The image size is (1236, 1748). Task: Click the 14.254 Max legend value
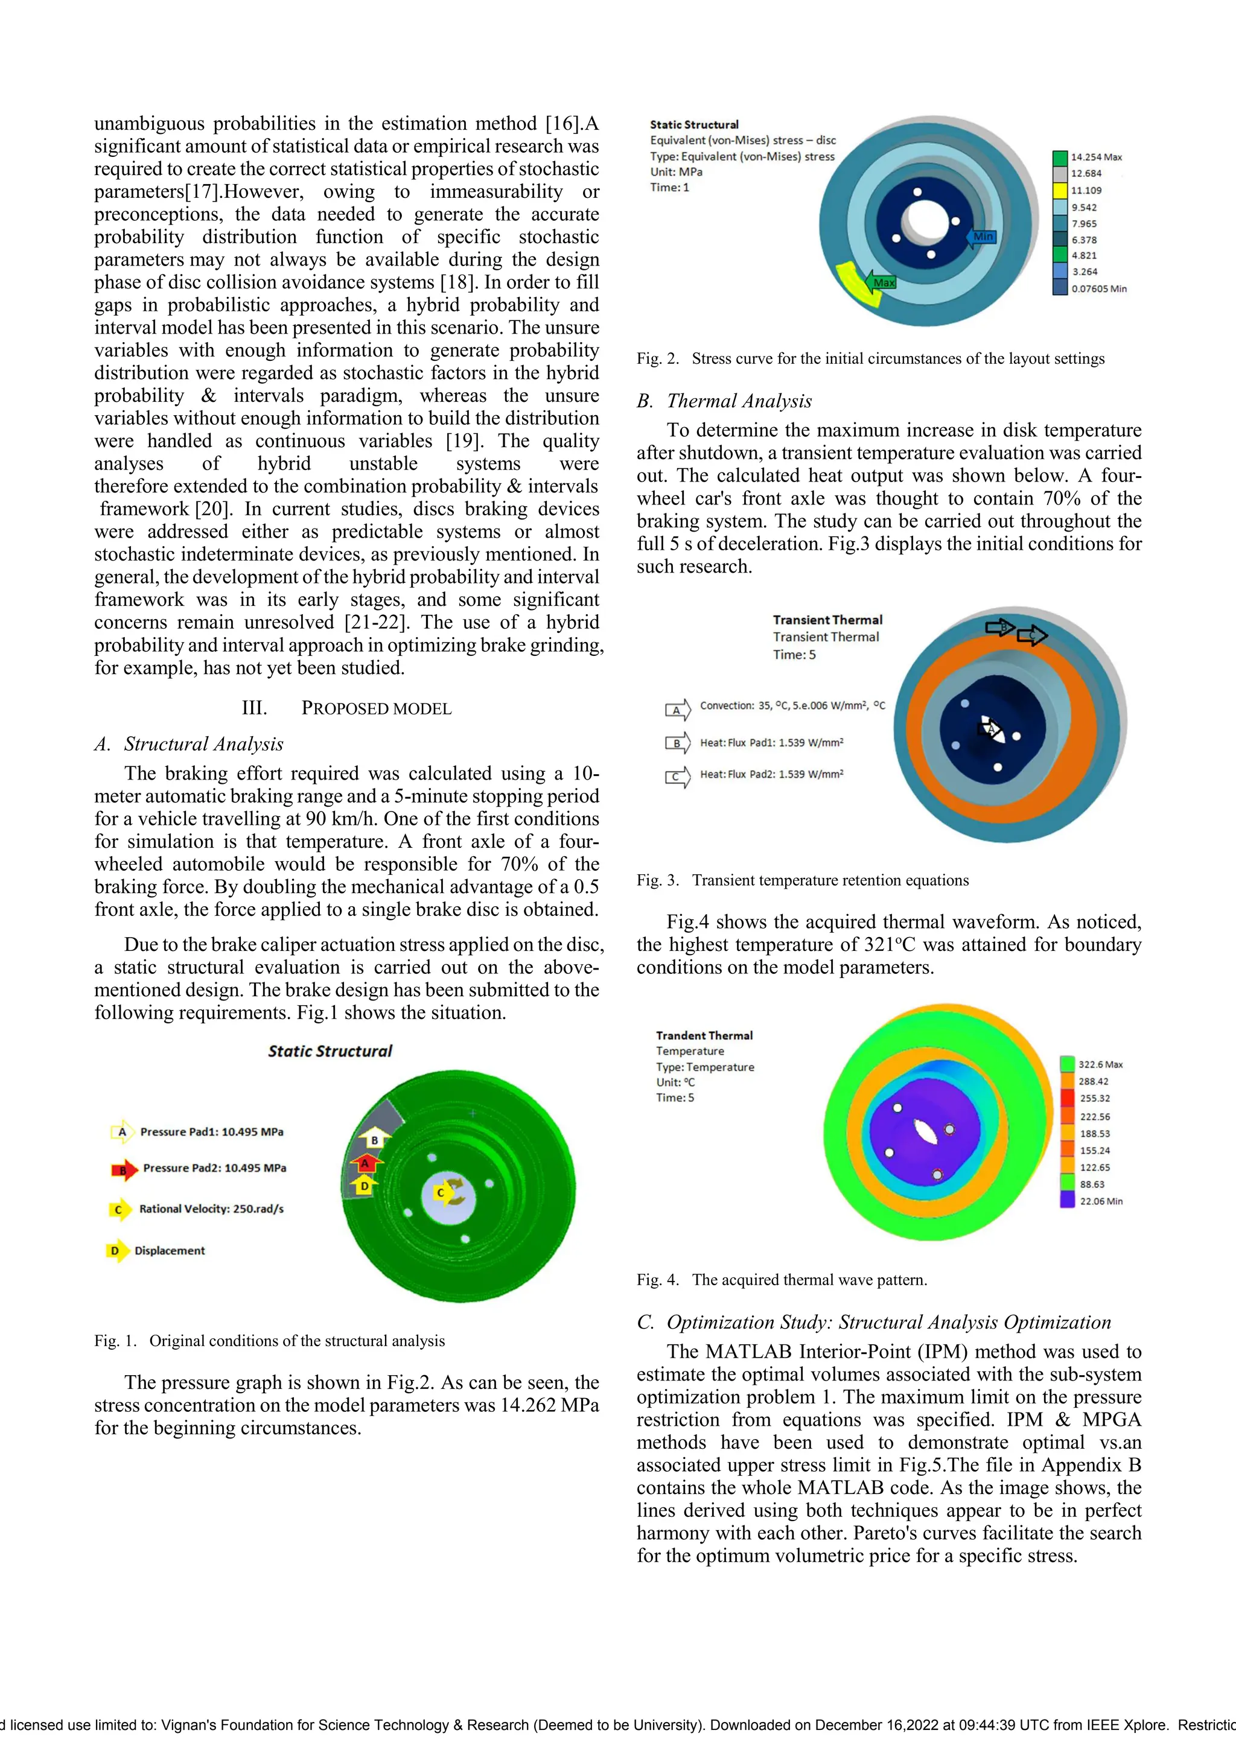1096,157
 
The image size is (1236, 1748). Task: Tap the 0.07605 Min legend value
1098,288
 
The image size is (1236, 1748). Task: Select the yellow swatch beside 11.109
1059,190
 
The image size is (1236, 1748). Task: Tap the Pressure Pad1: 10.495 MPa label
211,1132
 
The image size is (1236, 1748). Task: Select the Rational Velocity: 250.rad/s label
211,1209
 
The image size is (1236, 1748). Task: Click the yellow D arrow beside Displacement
116,1251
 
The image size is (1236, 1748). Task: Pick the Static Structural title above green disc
330,1050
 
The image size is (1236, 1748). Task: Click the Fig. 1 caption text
270,1341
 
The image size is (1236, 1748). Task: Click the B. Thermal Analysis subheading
724,401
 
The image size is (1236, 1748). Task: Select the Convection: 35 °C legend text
792,706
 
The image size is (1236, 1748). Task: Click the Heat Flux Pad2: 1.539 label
771,774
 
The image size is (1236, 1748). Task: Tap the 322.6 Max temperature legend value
1100,1064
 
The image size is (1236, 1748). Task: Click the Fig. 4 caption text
782,1280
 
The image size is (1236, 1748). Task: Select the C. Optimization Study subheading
873,1323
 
